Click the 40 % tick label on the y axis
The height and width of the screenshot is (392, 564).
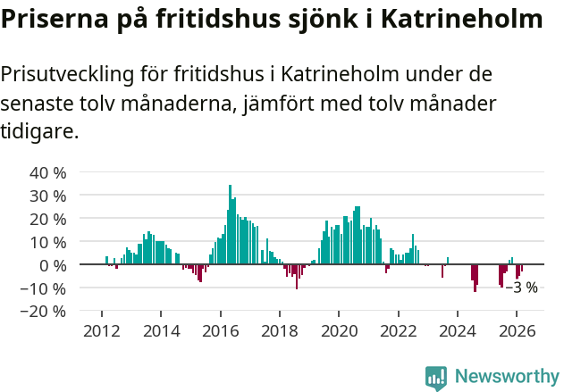pos(47,172)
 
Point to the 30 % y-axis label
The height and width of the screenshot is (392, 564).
pos(47,196)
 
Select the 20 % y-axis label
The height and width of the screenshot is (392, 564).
pos(47,219)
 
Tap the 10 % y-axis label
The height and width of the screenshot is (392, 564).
pos(47,242)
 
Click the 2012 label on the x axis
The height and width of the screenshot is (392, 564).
pos(102,330)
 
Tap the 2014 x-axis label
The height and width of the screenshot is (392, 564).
pos(161,330)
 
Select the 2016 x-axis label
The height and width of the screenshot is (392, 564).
pos(220,330)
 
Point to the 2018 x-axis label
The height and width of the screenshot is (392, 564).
pos(280,330)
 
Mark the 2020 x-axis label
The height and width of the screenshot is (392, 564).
pos(339,330)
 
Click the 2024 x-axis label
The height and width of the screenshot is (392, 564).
pos(458,330)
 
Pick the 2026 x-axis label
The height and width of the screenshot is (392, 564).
pos(517,330)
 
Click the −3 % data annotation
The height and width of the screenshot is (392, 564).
pos(522,288)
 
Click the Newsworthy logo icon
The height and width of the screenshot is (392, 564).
pos(436,378)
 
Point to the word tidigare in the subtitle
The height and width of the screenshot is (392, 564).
pos(38,132)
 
